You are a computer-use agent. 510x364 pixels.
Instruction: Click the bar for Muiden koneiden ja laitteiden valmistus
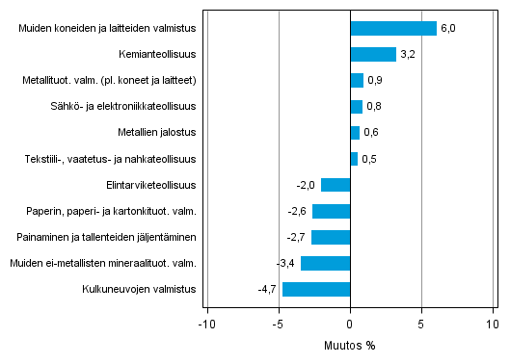pos(393,29)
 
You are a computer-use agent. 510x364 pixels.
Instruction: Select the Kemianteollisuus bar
pos(373,55)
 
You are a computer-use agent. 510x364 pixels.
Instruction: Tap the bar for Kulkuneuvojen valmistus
pos(316,289)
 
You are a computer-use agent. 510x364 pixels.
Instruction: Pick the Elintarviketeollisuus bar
pos(336,185)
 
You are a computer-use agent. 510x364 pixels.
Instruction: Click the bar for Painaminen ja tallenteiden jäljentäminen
pos(331,237)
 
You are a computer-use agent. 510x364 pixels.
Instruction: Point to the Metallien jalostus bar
pos(355,133)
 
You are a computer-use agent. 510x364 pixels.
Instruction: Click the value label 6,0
pos(447,29)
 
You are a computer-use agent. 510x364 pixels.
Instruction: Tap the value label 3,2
pos(407,55)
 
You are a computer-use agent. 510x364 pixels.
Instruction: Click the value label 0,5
pos(368,159)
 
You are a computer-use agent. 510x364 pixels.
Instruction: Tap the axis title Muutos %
pos(349,344)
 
